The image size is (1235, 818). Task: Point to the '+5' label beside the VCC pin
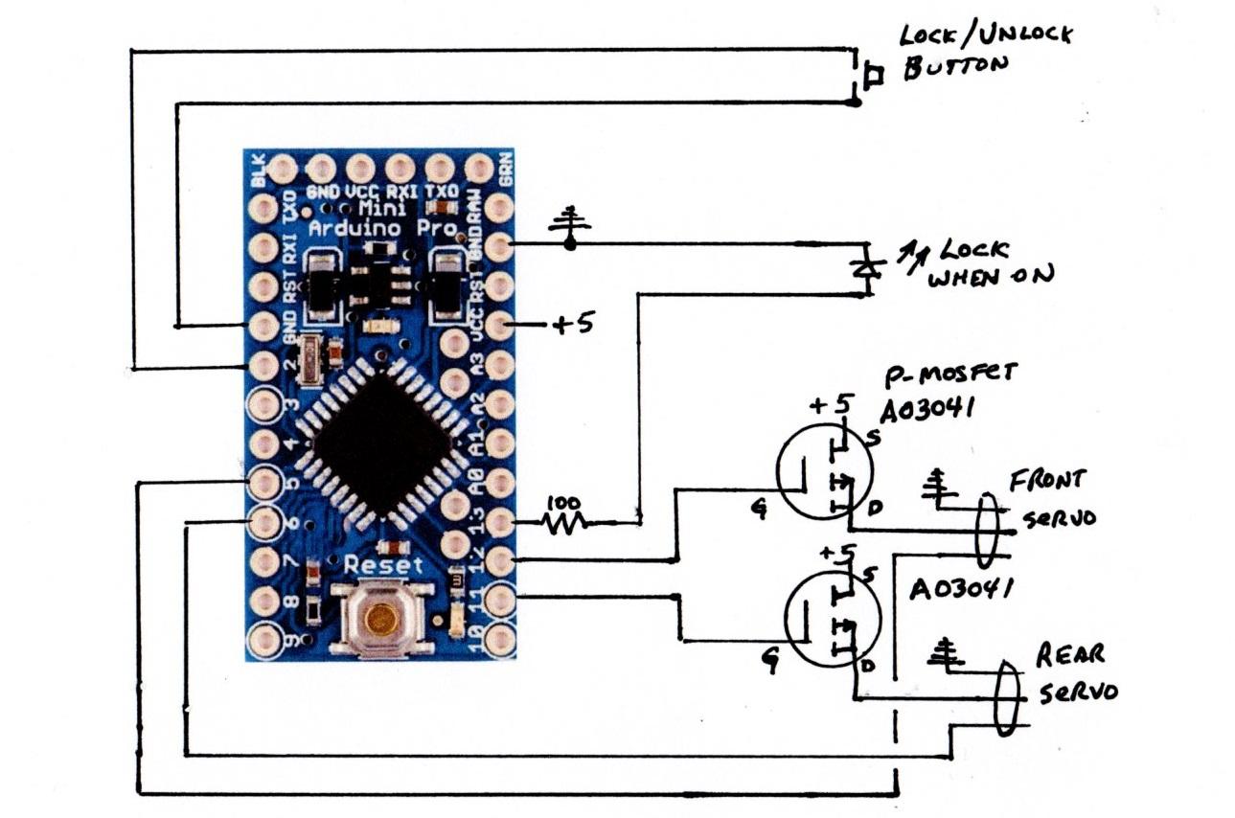click(x=572, y=325)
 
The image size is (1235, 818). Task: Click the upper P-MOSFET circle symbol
click(x=824, y=472)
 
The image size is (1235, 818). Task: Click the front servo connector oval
click(x=988, y=530)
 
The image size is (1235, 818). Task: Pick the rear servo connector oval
click(x=1006, y=697)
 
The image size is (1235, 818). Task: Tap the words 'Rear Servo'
click(x=1074, y=673)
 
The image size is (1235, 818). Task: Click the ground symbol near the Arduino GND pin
click(x=569, y=224)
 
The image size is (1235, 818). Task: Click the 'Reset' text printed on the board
click(x=383, y=565)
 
